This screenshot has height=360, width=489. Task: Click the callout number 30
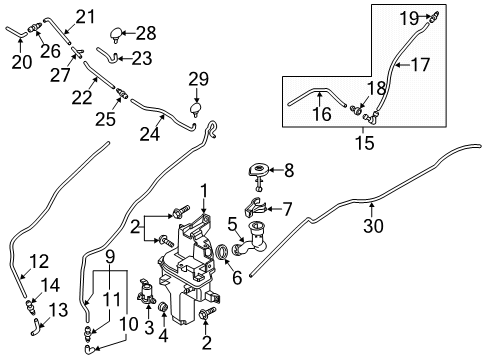pos(373,226)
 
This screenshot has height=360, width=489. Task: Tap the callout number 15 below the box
pos(365,143)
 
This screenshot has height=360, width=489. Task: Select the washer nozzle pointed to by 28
pos(116,35)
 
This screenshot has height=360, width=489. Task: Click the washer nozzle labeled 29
pos(196,110)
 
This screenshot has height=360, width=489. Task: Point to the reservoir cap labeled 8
pos(258,169)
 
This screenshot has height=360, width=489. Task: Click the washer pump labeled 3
pos(146,291)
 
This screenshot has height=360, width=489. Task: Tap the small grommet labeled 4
pos(163,307)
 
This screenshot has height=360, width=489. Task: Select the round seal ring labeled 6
pos(222,252)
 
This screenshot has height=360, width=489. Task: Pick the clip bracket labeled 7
pos(255,207)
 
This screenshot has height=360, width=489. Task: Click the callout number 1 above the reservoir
pos(204,192)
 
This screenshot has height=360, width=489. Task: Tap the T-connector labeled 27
pos(77,52)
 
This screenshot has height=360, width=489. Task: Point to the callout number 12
pos(39,261)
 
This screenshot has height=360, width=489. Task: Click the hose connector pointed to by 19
pos(434,16)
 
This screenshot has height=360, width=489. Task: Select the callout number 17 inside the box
pos(420,64)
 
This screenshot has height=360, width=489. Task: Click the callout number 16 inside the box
pos(322,114)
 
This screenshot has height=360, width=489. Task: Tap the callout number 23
pos(142,59)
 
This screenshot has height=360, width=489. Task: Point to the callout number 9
pos(110,257)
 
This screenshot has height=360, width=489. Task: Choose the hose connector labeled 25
pos(122,93)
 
